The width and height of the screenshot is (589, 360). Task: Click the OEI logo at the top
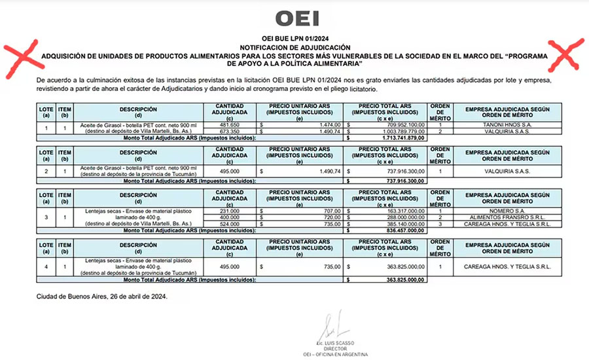click(x=294, y=18)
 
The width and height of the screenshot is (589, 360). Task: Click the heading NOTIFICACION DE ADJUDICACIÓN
click(x=294, y=48)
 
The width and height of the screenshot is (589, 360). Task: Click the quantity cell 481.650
click(x=230, y=124)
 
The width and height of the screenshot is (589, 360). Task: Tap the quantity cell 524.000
click(x=230, y=224)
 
